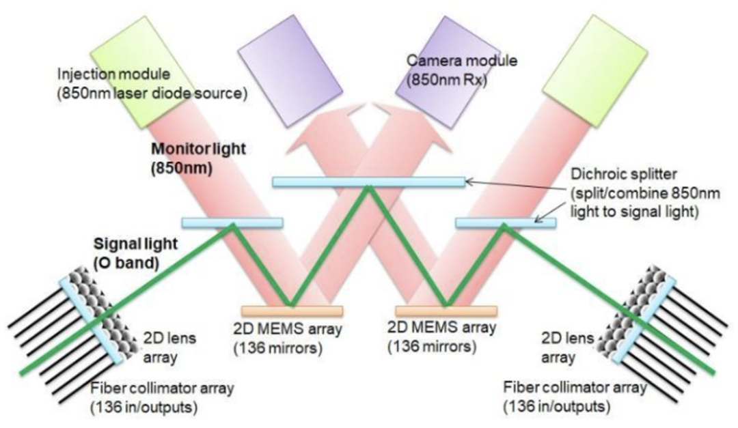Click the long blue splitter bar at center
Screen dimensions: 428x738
coord(368,182)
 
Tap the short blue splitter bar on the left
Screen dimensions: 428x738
coord(232,222)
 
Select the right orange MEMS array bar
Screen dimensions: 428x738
coord(446,311)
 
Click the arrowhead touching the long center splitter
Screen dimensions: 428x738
coord(467,182)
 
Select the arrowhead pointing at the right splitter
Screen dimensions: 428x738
coord(536,220)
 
